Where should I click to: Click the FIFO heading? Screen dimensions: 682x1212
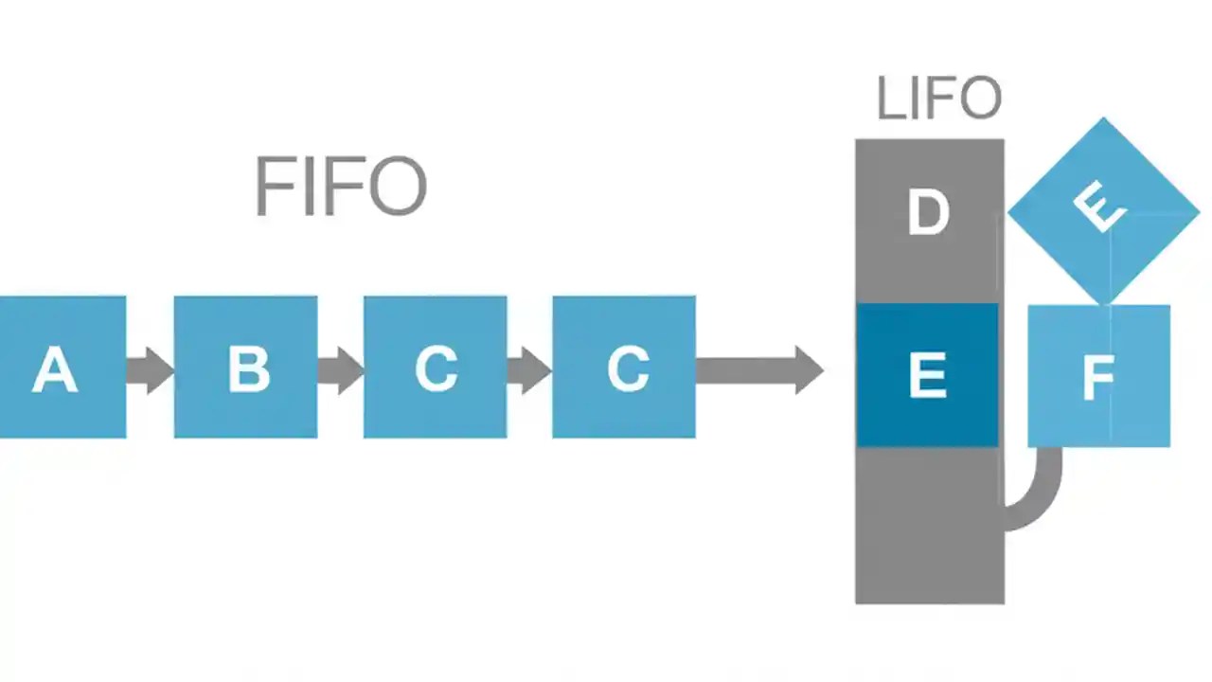[341, 187]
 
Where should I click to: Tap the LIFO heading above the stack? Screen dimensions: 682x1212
[938, 99]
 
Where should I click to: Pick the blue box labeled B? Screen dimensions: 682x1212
[246, 368]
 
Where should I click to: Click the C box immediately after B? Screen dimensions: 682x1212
[436, 368]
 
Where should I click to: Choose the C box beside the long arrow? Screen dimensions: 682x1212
[624, 368]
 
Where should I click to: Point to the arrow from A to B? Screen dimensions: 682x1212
[150, 369]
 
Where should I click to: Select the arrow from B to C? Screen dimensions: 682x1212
[340, 369]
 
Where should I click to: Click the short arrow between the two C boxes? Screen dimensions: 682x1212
[528, 369]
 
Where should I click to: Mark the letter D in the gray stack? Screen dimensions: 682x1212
[928, 213]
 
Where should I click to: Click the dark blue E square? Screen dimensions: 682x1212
[927, 375]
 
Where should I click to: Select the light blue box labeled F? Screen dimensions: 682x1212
[1098, 376]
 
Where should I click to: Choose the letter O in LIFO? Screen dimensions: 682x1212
[976, 99]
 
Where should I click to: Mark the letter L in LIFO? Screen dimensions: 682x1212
[890, 99]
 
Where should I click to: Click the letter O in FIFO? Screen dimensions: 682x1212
[397, 187]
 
